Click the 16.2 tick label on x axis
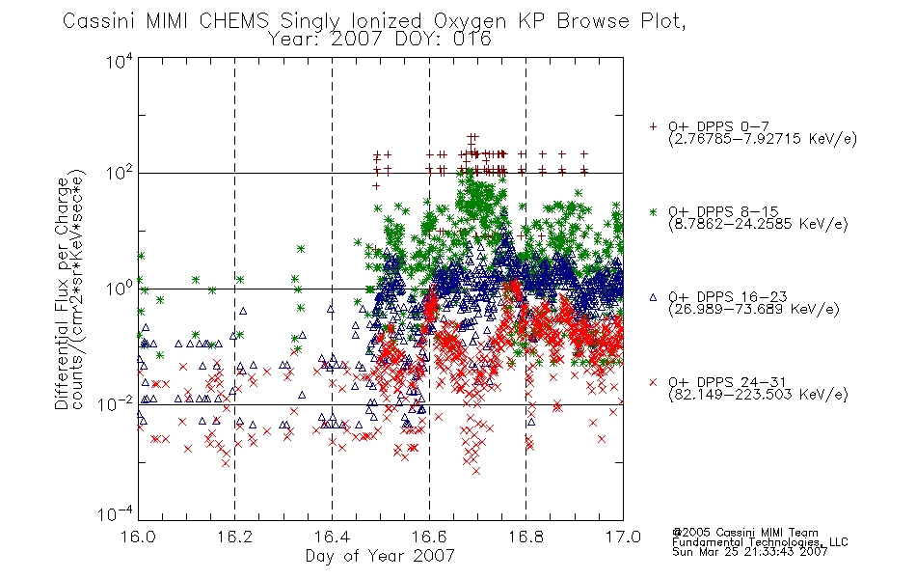click(x=235, y=537)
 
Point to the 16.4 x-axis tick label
click(x=332, y=537)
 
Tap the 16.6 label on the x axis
click(x=429, y=537)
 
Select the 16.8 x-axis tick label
click(x=525, y=537)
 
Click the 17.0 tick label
click(x=623, y=537)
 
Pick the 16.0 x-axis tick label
click(x=138, y=537)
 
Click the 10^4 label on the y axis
click(x=119, y=61)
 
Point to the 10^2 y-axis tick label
click(x=119, y=174)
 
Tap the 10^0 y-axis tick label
click(x=119, y=289)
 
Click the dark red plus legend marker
click(x=653, y=126)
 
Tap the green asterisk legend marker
click(x=653, y=211)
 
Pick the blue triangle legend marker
click(x=653, y=297)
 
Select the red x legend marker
click(x=653, y=382)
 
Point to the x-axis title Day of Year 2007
click(x=380, y=556)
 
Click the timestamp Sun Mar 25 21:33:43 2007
click(x=749, y=552)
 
